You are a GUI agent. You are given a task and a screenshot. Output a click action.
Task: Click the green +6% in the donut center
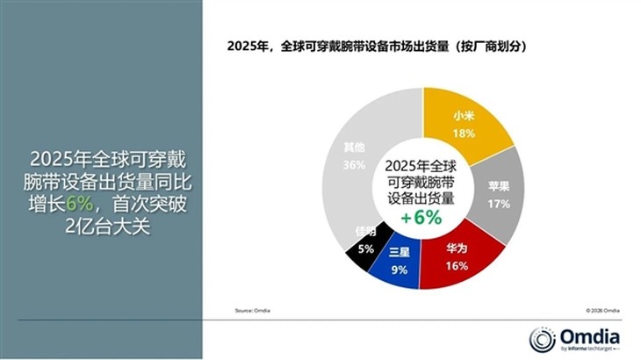[x=422, y=219]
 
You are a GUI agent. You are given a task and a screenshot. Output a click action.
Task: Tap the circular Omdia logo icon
[x=541, y=339]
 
